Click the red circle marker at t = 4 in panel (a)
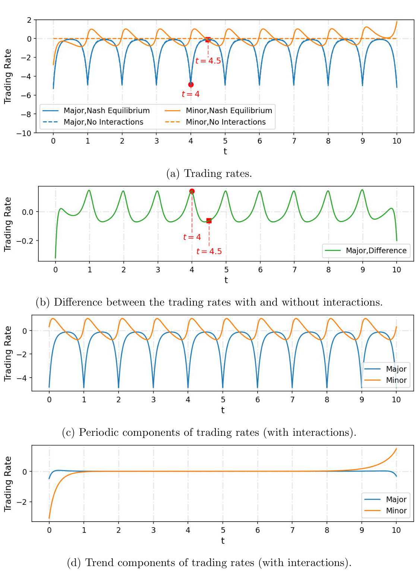click(x=191, y=85)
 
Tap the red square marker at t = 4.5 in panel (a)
click(x=208, y=40)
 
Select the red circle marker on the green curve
click(x=192, y=191)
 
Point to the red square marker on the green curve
click(x=209, y=221)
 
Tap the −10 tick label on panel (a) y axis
click(x=24, y=133)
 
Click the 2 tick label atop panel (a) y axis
click(x=29, y=20)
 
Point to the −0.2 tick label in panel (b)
click(x=25, y=241)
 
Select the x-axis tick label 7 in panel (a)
click(x=294, y=141)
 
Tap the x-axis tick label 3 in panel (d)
click(x=153, y=530)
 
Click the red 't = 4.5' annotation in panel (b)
click(x=209, y=251)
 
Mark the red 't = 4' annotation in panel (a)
click(x=190, y=94)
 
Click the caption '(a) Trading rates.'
click(x=209, y=174)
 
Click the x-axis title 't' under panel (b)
click(x=226, y=280)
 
